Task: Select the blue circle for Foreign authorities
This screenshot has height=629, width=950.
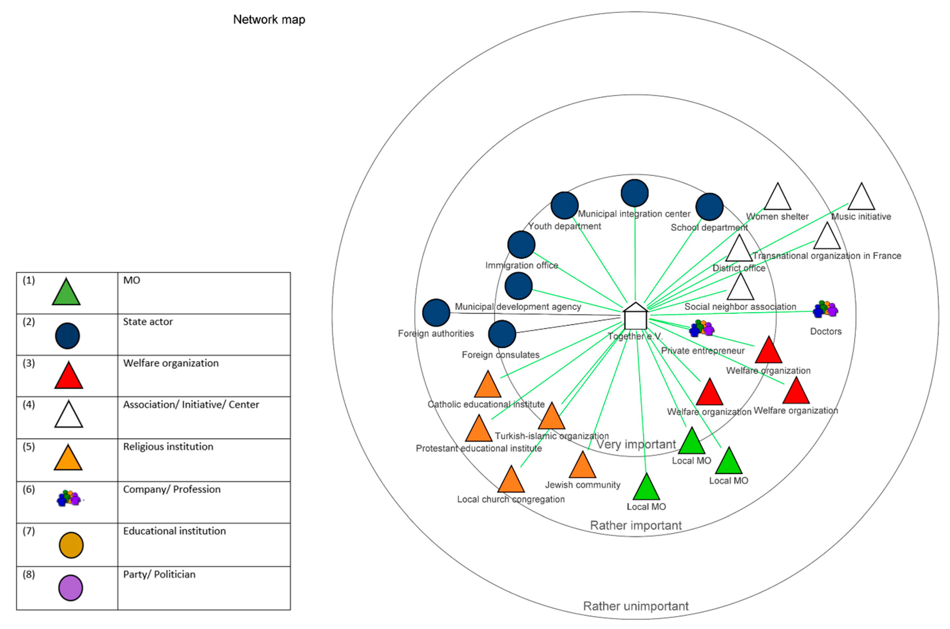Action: click(x=436, y=312)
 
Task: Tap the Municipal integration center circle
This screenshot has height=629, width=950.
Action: click(x=635, y=193)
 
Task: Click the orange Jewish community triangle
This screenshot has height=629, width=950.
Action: click(x=582, y=466)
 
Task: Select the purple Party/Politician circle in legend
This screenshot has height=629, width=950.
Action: click(x=71, y=588)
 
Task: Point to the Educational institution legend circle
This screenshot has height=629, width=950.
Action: click(x=71, y=545)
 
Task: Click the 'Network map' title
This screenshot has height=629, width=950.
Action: click(x=269, y=19)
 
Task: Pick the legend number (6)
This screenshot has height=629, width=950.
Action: click(x=29, y=489)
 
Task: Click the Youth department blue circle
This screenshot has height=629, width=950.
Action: click(x=565, y=205)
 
